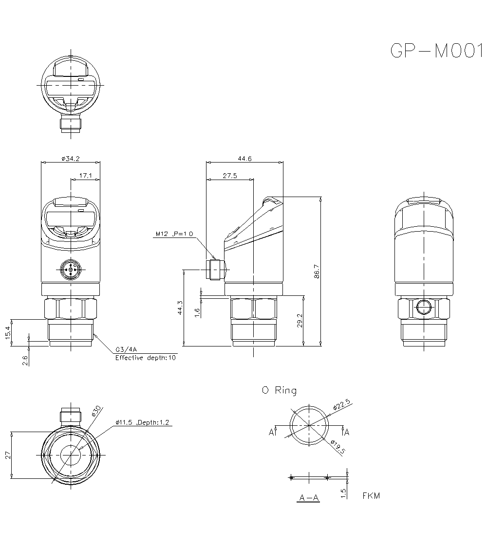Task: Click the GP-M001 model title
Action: (432, 51)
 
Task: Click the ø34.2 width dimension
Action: (71, 158)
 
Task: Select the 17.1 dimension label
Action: (85, 175)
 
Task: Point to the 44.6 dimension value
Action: (244, 158)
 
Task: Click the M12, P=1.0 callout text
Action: (174, 234)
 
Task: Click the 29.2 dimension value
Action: (300, 321)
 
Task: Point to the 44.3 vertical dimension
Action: (180, 308)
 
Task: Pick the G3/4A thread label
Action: (126, 349)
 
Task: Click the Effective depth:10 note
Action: (145, 358)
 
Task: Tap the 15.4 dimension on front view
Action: (7, 333)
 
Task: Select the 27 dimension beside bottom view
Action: (7, 455)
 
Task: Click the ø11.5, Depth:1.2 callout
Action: (142, 422)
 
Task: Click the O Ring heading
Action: (279, 390)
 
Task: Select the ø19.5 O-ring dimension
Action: (337, 447)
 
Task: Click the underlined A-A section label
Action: (309, 498)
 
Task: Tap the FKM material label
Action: (371, 496)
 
